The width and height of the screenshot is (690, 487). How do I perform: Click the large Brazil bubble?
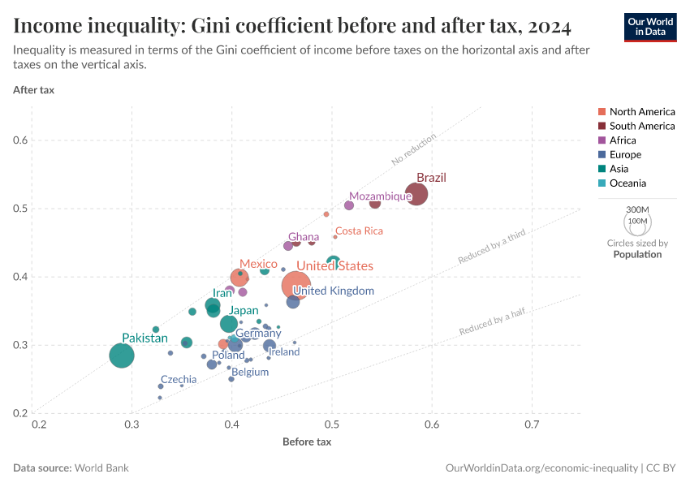416,195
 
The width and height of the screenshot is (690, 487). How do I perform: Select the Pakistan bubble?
122,356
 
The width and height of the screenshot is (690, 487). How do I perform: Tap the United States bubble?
296,286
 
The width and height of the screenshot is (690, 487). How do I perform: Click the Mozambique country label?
381,196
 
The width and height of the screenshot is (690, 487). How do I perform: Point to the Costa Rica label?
359,231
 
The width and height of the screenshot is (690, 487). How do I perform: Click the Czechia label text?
179,379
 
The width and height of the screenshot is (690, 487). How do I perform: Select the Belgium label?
250,373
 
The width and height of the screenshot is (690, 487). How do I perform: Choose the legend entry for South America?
641,126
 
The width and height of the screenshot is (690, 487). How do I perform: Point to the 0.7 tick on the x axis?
532,425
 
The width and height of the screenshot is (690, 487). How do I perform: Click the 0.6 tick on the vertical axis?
21,140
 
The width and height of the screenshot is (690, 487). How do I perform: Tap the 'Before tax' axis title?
307,442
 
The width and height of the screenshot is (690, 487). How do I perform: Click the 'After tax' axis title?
34,89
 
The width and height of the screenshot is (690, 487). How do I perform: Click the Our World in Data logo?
650,27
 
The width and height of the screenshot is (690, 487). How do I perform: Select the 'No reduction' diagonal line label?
414,149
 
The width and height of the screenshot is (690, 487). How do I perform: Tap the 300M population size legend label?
637,209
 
